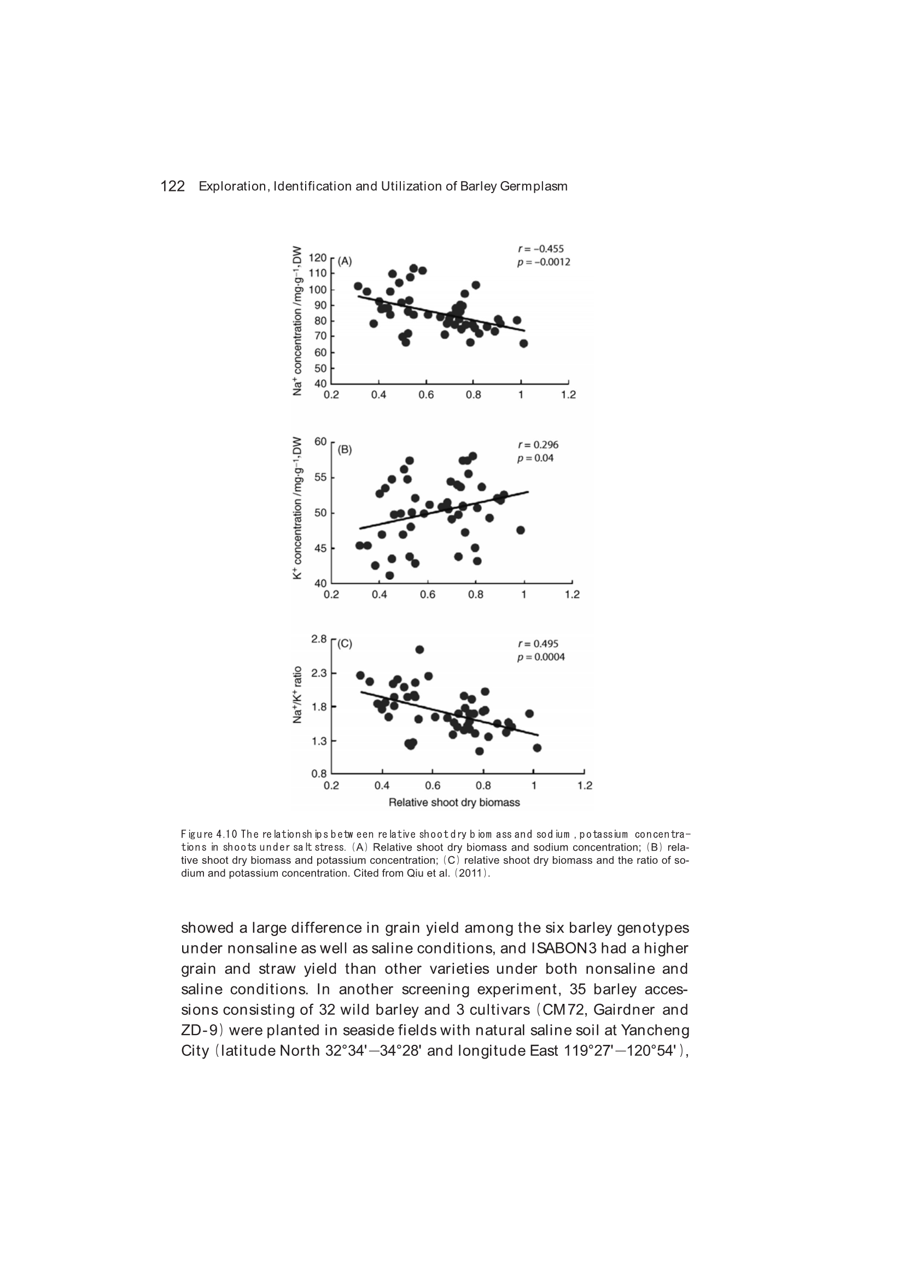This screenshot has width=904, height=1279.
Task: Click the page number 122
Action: [x=172, y=187]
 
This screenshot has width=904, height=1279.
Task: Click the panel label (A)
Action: [x=345, y=261]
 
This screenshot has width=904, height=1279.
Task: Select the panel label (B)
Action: [x=345, y=450]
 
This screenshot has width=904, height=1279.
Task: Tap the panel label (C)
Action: [x=345, y=643]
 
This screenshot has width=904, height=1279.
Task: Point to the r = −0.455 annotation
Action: [x=540, y=249]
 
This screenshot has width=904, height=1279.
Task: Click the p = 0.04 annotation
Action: [x=535, y=458]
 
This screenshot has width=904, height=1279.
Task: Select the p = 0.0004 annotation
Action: [x=541, y=657]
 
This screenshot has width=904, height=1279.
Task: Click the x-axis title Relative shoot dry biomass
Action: [x=454, y=803]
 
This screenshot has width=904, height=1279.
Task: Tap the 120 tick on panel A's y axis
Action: [x=318, y=258]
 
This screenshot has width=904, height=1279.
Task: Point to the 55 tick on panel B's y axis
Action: [x=320, y=478]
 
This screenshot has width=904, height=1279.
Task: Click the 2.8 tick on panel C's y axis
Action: [x=319, y=639]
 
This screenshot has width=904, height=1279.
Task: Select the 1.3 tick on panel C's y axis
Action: [x=319, y=741]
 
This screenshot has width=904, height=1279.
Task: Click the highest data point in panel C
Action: [x=419, y=649]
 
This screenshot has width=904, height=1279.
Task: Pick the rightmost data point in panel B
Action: [x=521, y=530]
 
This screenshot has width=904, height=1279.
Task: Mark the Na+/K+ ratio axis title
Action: [x=298, y=695]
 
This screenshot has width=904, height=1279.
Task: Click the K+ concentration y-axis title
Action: [x=298, y=508]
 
